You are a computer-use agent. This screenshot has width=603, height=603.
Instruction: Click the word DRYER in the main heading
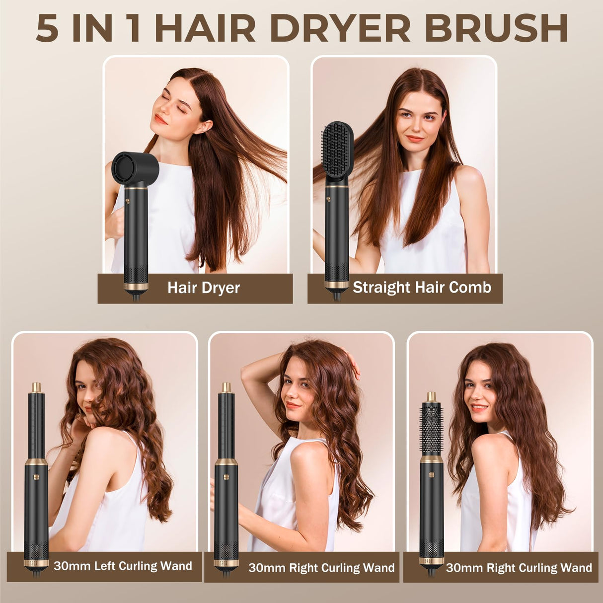click(341, 28)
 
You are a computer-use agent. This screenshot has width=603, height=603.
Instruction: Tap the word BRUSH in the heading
click(496, 28)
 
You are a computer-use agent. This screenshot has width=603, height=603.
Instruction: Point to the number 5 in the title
click(47, 28)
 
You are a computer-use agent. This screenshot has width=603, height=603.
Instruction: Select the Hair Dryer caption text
click(204, 288)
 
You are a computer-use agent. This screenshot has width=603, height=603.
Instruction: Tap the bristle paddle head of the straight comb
click(337, 150)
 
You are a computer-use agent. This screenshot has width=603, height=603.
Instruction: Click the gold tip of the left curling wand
click(36, 387)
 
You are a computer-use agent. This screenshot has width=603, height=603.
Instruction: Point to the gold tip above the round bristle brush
click(431, 396)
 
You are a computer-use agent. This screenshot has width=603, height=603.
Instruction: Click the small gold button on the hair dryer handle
click(127, 202)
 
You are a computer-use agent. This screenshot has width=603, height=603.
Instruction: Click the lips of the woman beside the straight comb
click(415, 139)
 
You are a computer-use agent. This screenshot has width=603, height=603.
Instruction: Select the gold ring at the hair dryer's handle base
click(136, 286)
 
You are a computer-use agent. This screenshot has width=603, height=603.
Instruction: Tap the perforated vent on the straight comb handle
click(337, 273)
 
